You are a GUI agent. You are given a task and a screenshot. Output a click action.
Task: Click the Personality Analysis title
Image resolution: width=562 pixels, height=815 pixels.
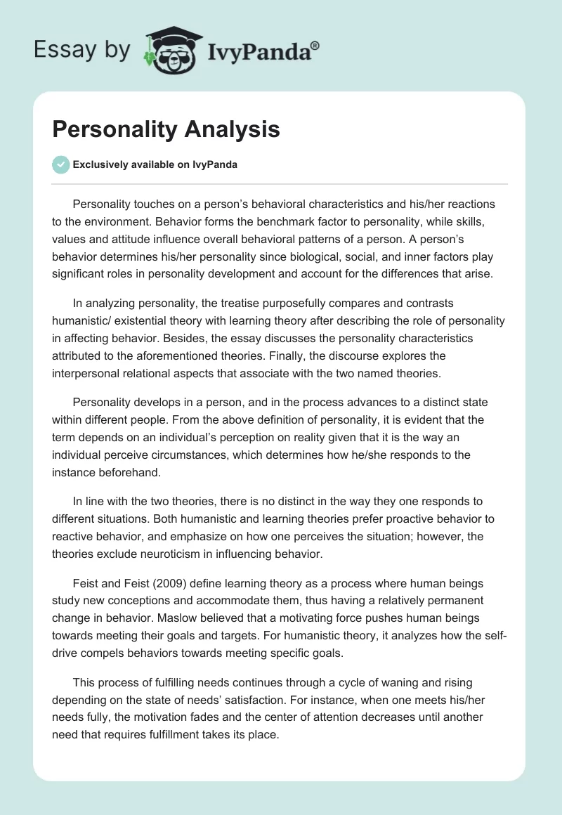click(x=166, y=130)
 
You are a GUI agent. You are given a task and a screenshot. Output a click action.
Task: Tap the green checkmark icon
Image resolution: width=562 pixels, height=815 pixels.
click(x=60, y=164)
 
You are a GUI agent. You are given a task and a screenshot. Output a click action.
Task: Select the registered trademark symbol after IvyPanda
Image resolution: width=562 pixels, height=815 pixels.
click(x=315, y=46)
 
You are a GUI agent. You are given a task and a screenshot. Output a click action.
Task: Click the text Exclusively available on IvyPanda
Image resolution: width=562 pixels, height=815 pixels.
click(x=155, y=165)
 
